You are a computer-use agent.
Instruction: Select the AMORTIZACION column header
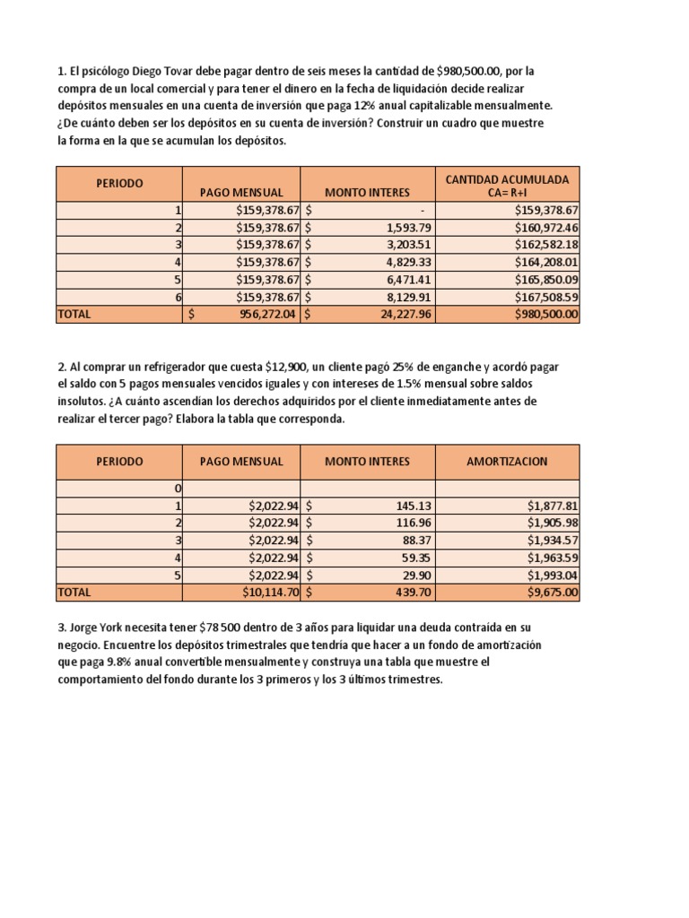[507, 462]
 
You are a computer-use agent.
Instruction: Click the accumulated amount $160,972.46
[546, 227]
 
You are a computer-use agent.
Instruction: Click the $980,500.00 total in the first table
[546, 315]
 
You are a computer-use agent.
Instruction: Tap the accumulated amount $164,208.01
[546, 262]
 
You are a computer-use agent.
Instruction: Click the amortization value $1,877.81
[553, 506]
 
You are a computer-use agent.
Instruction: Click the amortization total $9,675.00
[553, 593]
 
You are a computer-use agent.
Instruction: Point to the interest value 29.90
[415, 575]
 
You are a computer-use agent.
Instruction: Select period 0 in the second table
[178, 488]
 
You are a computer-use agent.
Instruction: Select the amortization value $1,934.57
[553, 541]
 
